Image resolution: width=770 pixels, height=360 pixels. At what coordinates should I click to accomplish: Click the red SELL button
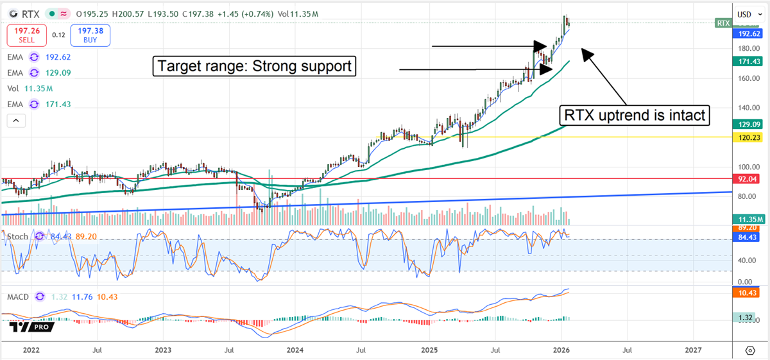[26, 35]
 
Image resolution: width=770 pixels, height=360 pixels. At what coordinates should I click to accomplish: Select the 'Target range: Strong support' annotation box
[254, 66]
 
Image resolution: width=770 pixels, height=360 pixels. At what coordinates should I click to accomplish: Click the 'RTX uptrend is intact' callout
[635, 116]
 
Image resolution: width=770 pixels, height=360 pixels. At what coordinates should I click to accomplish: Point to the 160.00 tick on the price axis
[743, 78]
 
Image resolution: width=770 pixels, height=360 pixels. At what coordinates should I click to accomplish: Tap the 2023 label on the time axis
[163, 350]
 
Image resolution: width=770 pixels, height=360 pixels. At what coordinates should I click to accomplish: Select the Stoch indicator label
[18, 237]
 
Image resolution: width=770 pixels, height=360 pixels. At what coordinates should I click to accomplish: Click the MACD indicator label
[19, 296]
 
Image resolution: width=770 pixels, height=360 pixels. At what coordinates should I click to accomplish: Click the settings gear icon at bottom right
[749, 350]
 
